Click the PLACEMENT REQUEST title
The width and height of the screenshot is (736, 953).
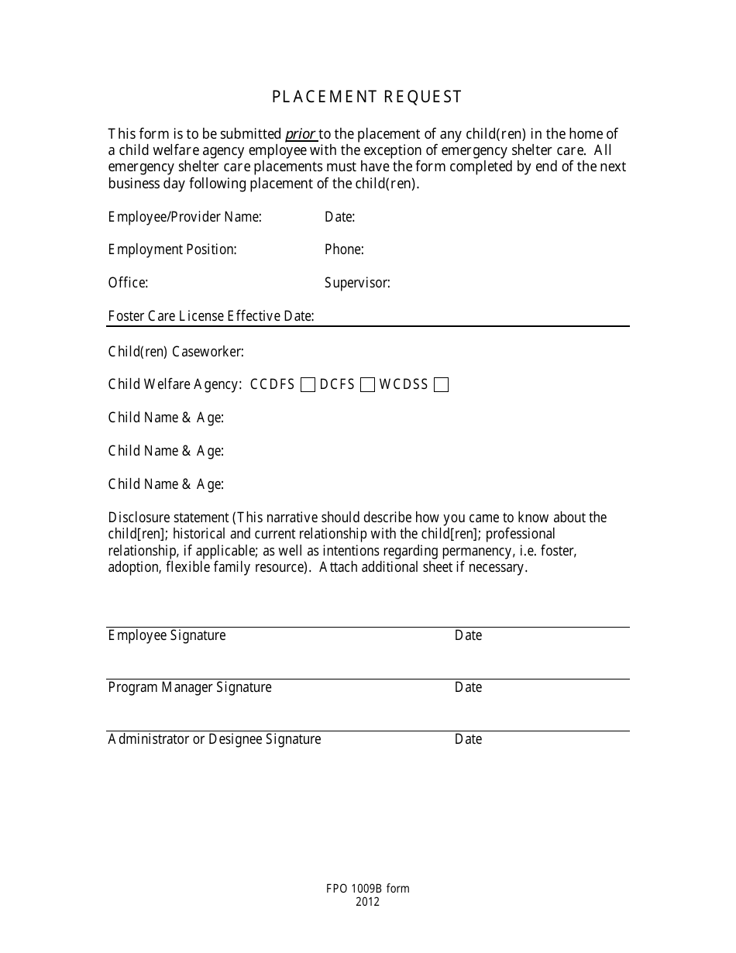click(x=366, y=97)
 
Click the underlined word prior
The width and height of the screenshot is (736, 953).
click(x=301, y=134)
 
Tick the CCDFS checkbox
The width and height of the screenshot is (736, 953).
click(x=308, y=385)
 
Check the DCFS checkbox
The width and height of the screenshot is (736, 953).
click(x=368, y=385)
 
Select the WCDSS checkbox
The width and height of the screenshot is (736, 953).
click(x=441, y=385)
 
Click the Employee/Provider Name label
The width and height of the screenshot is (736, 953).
click(x=184, y=217)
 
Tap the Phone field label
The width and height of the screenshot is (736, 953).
click(x=344, y=249)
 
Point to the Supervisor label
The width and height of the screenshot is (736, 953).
click(x=357, y=283)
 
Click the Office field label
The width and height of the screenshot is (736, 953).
click(x=128, y=283)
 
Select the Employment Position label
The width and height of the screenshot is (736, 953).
click(x=172, y=249)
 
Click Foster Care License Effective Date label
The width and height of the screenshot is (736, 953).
click(x=211, y=316)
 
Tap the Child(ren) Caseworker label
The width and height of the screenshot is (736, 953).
click(x=176, y=352)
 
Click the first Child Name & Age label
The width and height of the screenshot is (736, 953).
click(x=166, y=418)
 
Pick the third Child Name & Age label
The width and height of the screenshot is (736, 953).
click(x=166, y=484)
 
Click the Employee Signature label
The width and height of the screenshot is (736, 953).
click(x=167, y=635)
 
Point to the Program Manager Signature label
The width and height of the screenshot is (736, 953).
click(x=190, y=687)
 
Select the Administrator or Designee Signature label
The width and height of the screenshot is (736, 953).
click(x=214, y=739)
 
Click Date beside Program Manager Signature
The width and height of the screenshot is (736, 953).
click(x=468, y=687)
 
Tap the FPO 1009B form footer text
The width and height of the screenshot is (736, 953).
click(x=367, y=889)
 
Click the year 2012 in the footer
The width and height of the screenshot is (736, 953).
click(x=367, y=902)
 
